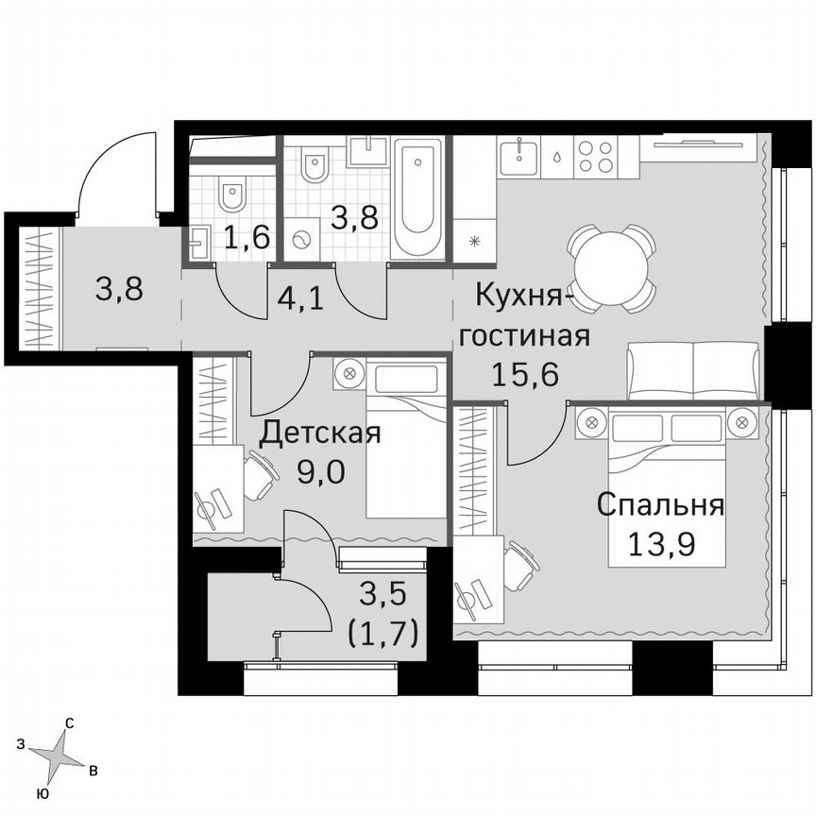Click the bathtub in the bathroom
[x=417, y=198]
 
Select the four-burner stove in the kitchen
[x=597, y=156]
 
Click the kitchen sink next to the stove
[x=519, y=154]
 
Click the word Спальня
[x=660, y=505]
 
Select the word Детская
[x=320, y=433]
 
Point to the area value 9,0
[x=319, y=469]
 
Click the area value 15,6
[x=525, y=373]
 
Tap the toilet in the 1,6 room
[x=230, y=195]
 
